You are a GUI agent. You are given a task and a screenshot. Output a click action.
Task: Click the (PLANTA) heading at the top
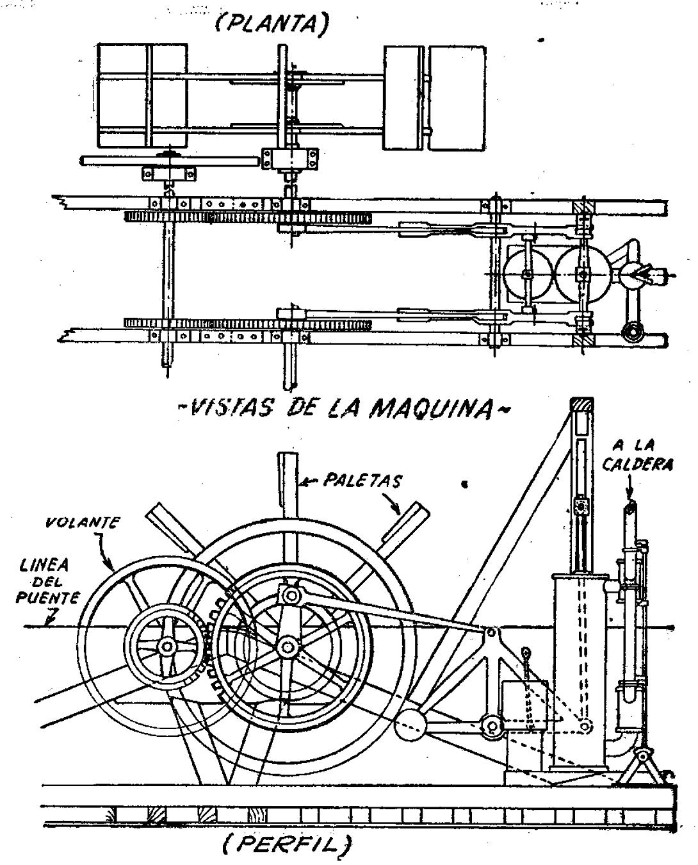[271, 24]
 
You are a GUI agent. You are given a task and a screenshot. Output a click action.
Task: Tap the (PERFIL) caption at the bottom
[286, 844]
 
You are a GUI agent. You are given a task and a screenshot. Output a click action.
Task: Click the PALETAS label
[362, 481]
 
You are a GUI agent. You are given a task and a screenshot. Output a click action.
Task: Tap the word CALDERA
[638, 464]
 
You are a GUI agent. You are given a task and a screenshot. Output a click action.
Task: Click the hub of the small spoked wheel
[167, 646]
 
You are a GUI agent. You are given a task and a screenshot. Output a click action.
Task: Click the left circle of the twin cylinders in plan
[527, 274]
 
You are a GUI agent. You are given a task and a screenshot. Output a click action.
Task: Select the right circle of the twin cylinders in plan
[583, 274]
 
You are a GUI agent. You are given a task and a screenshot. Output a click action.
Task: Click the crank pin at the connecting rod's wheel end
[291, 595]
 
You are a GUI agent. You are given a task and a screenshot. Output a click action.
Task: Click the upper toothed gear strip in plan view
[247, 217]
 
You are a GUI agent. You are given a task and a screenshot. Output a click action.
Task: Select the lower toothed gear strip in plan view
[247, 324]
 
